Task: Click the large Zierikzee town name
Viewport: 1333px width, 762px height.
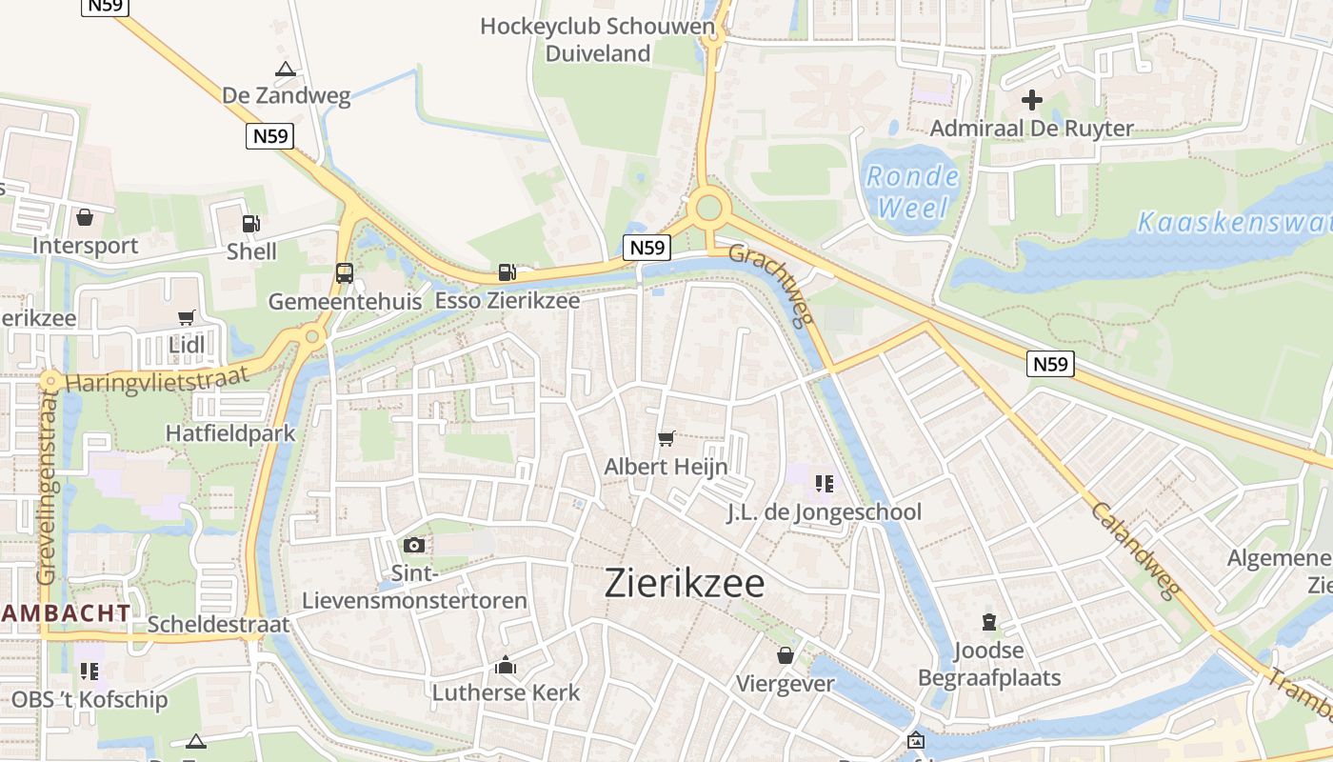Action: [x=684, y=584]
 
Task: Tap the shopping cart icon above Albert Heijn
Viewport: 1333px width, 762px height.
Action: [x=666, y=438]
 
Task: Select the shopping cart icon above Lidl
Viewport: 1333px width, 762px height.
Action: [x=187, y=317]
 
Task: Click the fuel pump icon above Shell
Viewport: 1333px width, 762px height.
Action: [x=251, y=224]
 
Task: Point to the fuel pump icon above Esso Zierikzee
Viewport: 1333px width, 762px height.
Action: [x=507, y=272]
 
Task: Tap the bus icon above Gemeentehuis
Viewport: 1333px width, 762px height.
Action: [x=345, y=273]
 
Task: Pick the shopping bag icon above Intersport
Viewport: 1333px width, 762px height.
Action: [x=85, y=217]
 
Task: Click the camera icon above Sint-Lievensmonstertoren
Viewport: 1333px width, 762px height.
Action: [x=414, y=545]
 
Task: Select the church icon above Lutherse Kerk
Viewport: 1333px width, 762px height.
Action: [x=506, y=664]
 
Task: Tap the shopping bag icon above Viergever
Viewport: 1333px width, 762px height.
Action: [x=786, y=655]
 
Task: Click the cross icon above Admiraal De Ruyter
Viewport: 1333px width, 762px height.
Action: [x=1032, y=99]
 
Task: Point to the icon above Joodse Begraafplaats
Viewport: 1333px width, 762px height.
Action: [x=989, y=622]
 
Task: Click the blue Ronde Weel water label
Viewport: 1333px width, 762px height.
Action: [x=910, y=191]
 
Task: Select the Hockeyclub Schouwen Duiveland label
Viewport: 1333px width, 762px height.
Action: [x=597, y=39]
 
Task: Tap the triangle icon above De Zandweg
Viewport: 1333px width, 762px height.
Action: [x=286, y=69]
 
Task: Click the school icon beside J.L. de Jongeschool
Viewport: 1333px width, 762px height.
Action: [x=825, y=483]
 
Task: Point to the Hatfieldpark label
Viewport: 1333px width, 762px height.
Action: [x=230, y=433]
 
